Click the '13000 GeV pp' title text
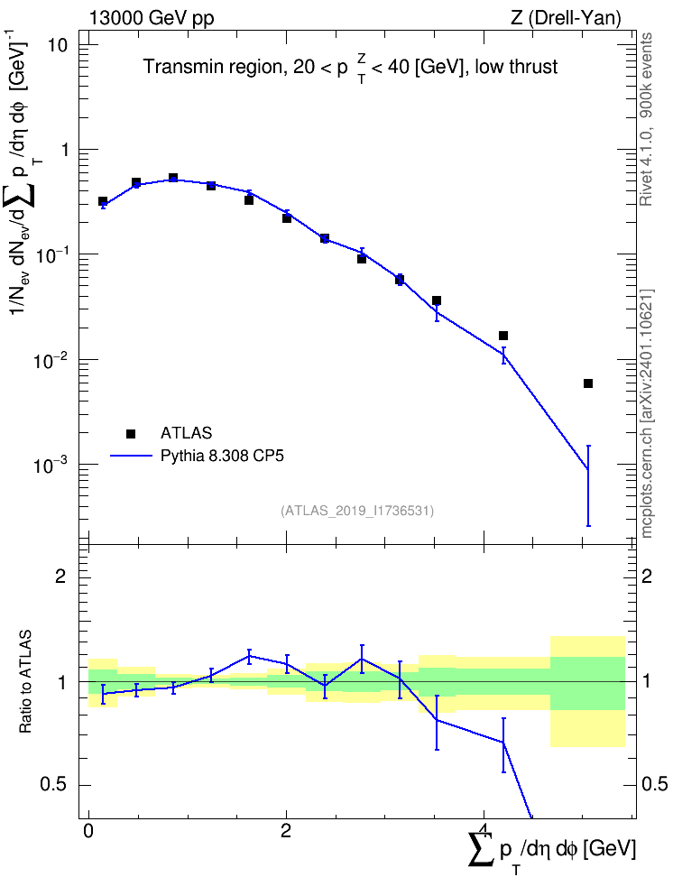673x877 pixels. point(151,18)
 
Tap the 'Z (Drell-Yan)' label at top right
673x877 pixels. point(566,18)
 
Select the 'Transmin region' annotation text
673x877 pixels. point(213,67)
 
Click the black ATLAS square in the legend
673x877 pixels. point(131,433)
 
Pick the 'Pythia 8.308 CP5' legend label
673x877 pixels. point(222,456)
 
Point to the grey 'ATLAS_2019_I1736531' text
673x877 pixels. point(357,511)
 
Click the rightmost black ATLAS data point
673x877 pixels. point(588,383)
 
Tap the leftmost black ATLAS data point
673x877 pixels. point(103,201)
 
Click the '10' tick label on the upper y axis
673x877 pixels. point(56,45)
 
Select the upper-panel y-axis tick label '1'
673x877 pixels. point(62,150)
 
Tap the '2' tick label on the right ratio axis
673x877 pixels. point(647,576)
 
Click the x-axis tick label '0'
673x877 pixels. point(88,831)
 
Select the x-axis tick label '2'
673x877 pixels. point(286,831)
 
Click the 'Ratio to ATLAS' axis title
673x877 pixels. point(25,682)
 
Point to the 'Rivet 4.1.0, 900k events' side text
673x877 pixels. point(646,119)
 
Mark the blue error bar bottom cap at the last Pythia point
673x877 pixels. point(588,526)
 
